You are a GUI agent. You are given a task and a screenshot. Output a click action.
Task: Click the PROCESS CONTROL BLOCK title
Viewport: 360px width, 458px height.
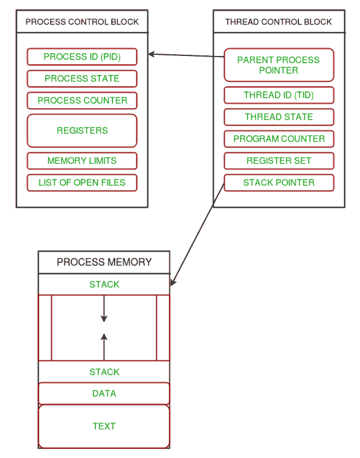point(82,22)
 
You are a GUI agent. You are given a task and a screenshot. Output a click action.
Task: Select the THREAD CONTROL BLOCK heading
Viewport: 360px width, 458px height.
point(278,22)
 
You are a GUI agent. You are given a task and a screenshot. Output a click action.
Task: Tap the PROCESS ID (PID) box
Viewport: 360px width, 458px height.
point(82,57)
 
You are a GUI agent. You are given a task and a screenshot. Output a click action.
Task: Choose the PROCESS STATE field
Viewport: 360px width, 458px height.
point(82,79)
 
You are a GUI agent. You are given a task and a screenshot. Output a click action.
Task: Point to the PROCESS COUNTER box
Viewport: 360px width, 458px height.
point(82,101)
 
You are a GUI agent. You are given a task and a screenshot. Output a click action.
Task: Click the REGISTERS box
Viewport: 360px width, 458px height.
point(82,131)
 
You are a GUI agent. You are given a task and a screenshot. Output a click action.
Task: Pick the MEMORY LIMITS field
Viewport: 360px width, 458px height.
point(82,161)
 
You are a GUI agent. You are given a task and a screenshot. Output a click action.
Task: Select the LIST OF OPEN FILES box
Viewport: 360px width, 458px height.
point(82,183)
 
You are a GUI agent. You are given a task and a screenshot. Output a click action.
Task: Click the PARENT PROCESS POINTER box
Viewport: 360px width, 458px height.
point(278,65)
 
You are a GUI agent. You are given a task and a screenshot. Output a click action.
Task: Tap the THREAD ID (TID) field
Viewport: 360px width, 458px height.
point(278,95)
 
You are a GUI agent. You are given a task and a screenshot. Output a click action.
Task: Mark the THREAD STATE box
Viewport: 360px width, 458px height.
point(278,117)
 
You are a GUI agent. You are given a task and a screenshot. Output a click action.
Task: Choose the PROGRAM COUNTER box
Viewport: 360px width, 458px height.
point(278,139)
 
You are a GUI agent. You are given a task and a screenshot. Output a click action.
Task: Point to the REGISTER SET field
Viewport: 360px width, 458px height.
point(278,161)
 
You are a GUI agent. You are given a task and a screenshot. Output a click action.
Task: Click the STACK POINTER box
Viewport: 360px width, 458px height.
point(278,183)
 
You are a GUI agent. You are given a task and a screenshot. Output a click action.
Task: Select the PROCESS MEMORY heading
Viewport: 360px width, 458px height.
point(104,262)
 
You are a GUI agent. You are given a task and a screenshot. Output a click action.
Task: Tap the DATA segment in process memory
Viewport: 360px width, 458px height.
point(104,393)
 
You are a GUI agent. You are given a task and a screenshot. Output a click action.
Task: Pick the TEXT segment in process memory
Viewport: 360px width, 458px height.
point(104,426)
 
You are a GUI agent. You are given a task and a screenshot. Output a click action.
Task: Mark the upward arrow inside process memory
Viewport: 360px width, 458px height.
point(104,345)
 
